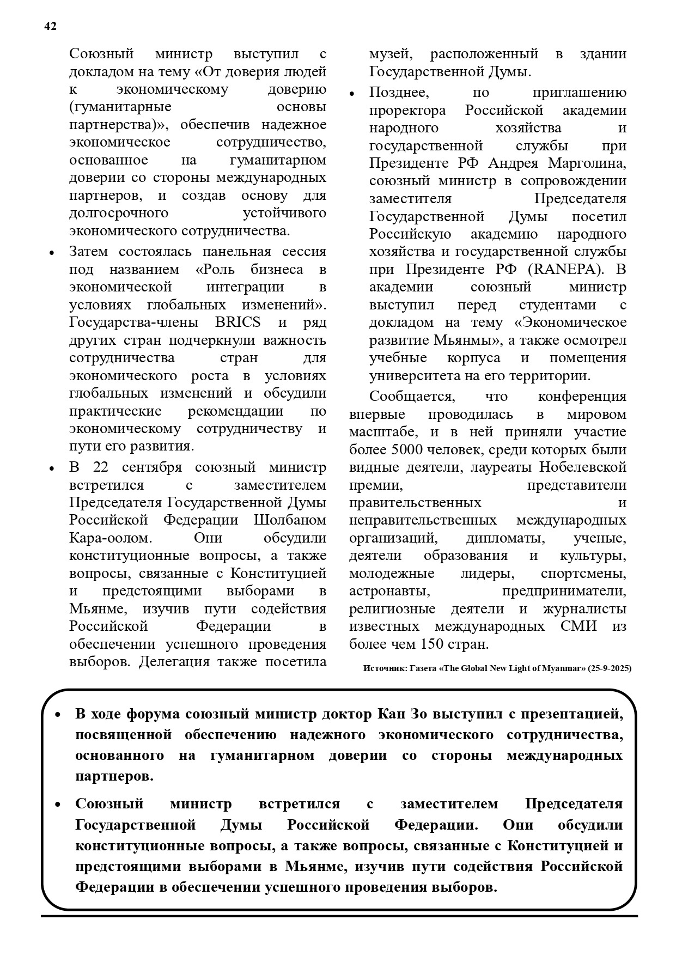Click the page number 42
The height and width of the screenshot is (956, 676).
(x=50, y=27)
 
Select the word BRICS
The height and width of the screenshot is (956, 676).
(x=237, y=322)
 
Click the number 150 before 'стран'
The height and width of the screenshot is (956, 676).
(x=433, y=644)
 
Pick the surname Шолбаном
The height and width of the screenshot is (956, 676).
(x=290, y=520)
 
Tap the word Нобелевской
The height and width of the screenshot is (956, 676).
(x=582, y=467)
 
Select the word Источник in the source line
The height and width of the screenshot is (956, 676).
(x=384, y=668)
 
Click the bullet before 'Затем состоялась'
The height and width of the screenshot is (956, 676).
(x=52, y=253)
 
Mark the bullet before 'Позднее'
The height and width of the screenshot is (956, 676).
(x=352, y=94)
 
